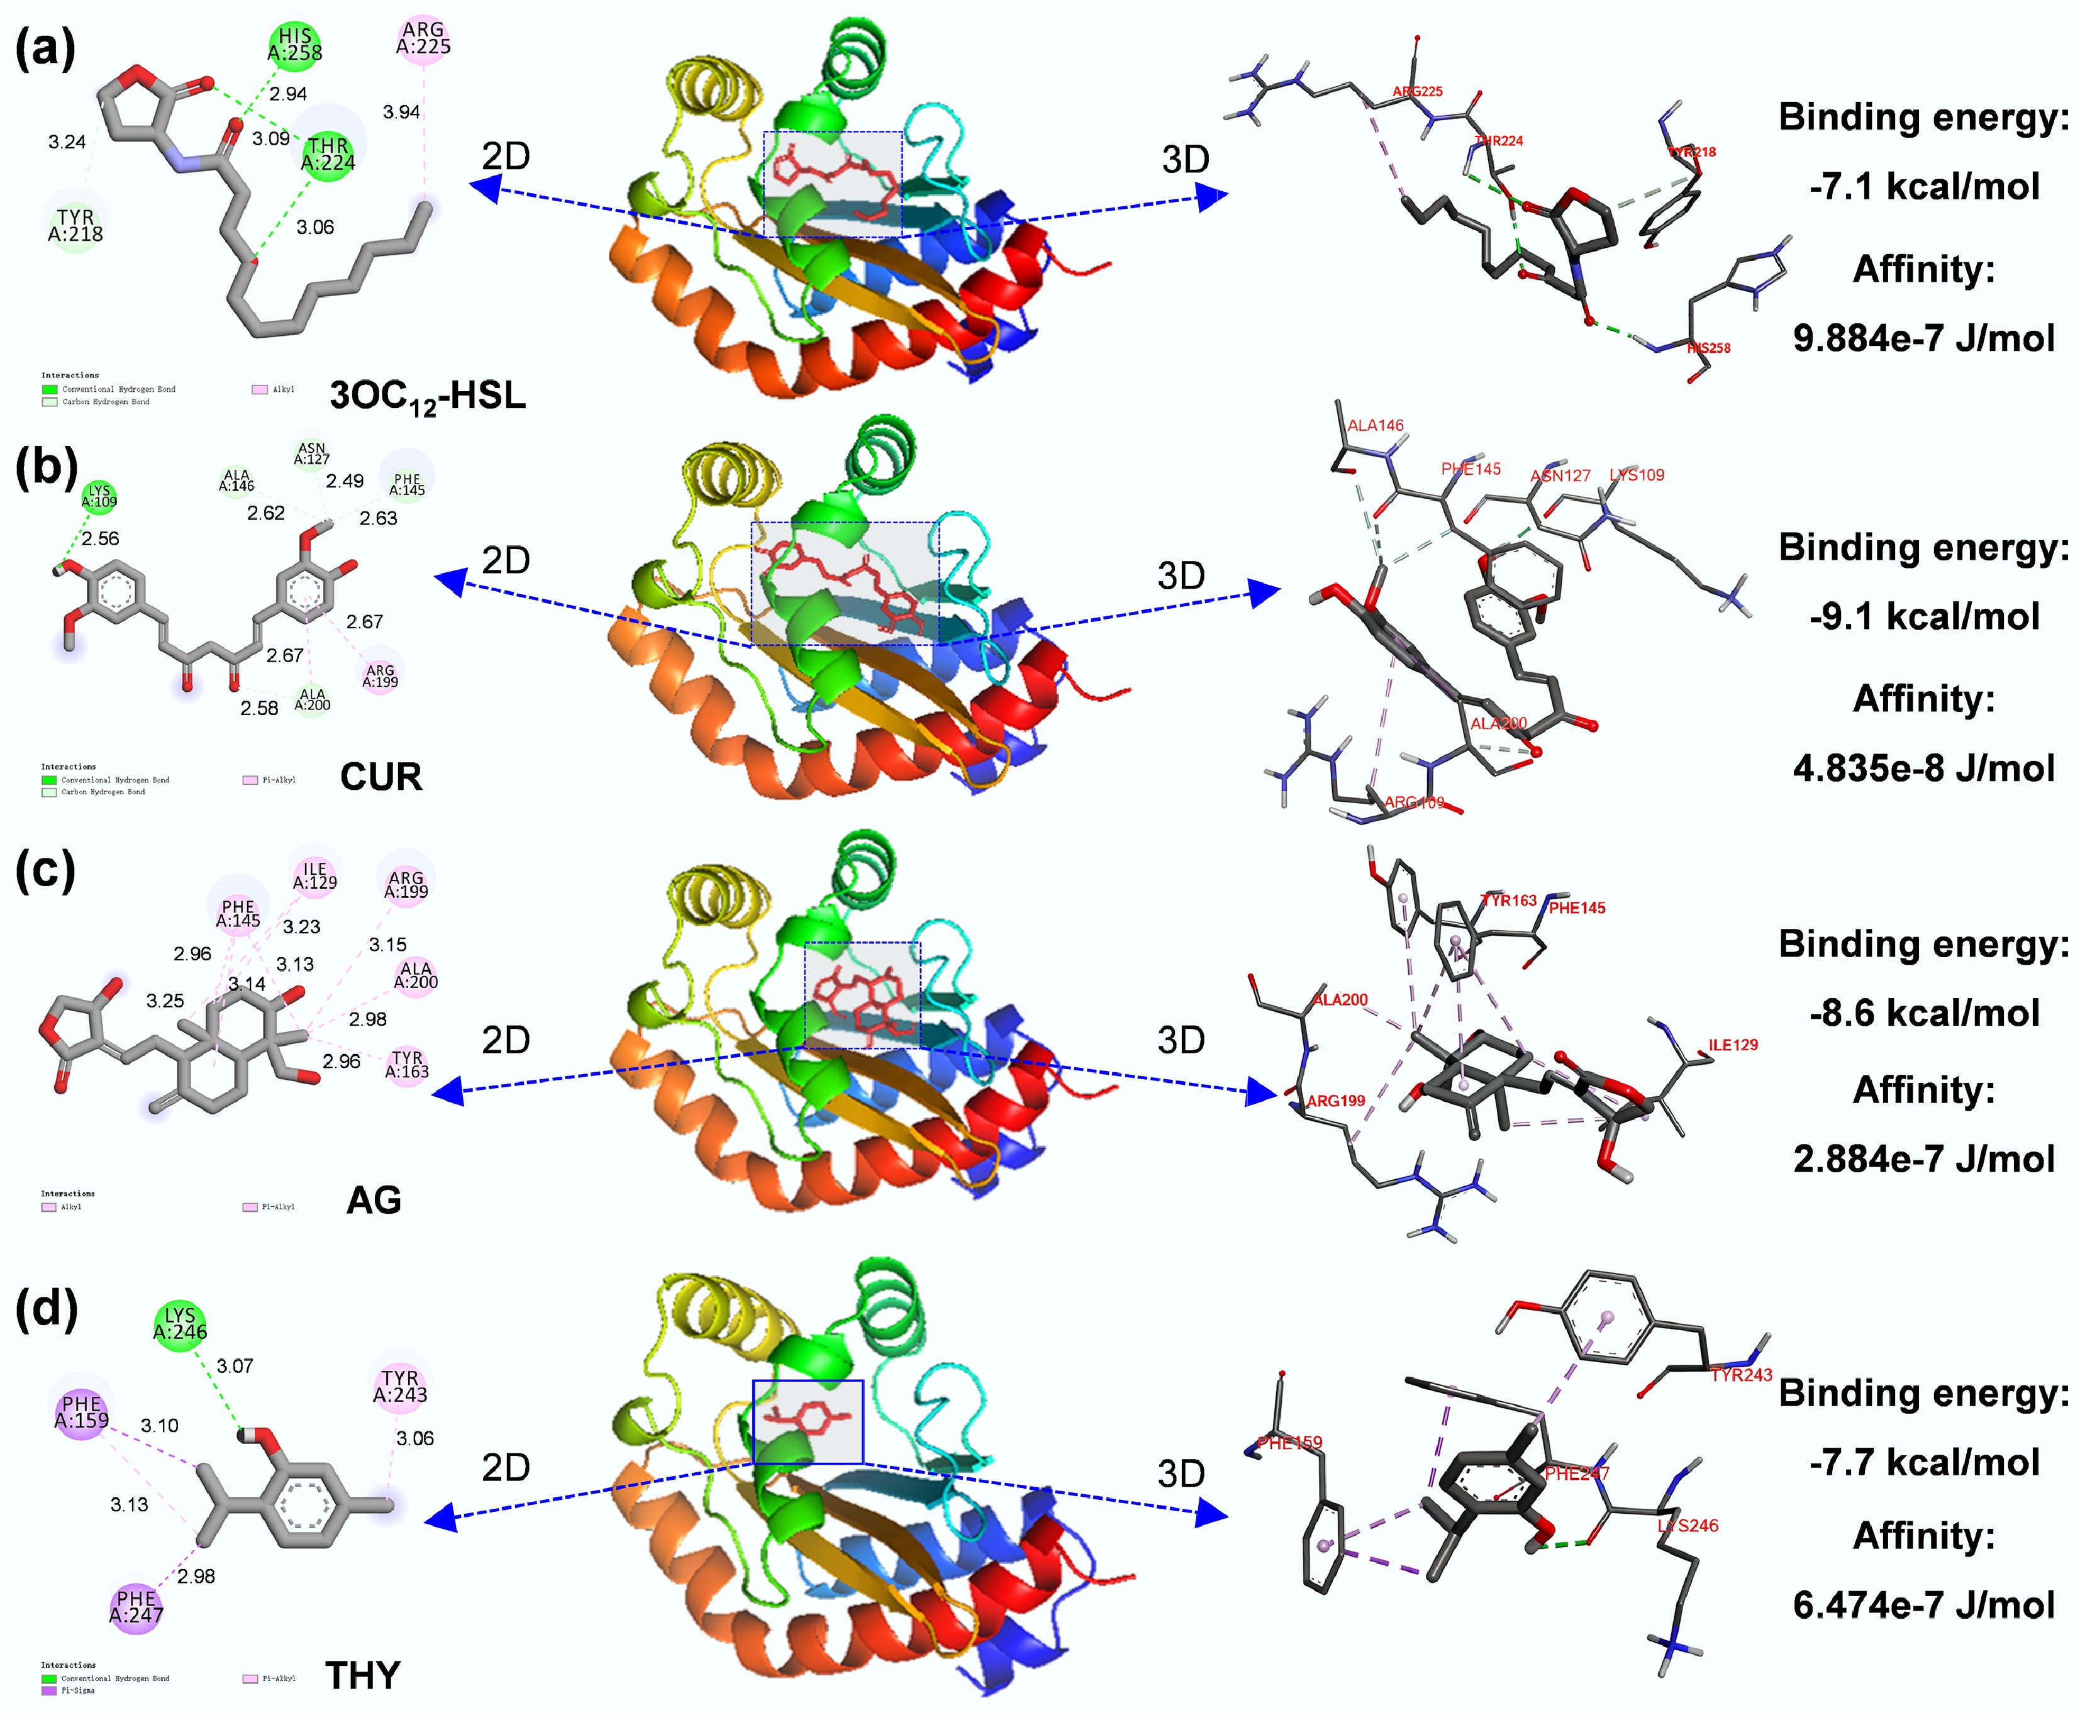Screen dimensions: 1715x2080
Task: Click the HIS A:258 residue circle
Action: coord(294,45)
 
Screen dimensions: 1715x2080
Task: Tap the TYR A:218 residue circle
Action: coord(75,225)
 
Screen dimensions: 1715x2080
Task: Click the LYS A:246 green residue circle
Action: coord(180,1324)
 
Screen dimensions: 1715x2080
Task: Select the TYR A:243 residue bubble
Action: coord(400,1386)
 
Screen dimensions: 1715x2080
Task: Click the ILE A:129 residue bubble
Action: coord(315,875)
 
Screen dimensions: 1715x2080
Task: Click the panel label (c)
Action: coord(45,871)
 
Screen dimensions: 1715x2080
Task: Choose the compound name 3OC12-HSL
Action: coord(427,396)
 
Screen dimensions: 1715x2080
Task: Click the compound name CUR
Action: coord(381,777)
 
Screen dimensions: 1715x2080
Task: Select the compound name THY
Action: coord(363,1675)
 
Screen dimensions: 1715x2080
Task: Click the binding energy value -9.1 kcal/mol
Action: coord(1924,616)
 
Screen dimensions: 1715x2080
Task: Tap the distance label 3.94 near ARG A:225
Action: coord(401,113)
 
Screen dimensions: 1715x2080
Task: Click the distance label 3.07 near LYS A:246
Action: coord(235,1366)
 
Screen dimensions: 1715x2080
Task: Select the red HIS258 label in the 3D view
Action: coord(1708,348)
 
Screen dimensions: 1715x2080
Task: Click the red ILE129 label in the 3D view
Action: coord(1733,1045)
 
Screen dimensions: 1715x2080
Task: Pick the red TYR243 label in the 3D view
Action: coord(1741,1375)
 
